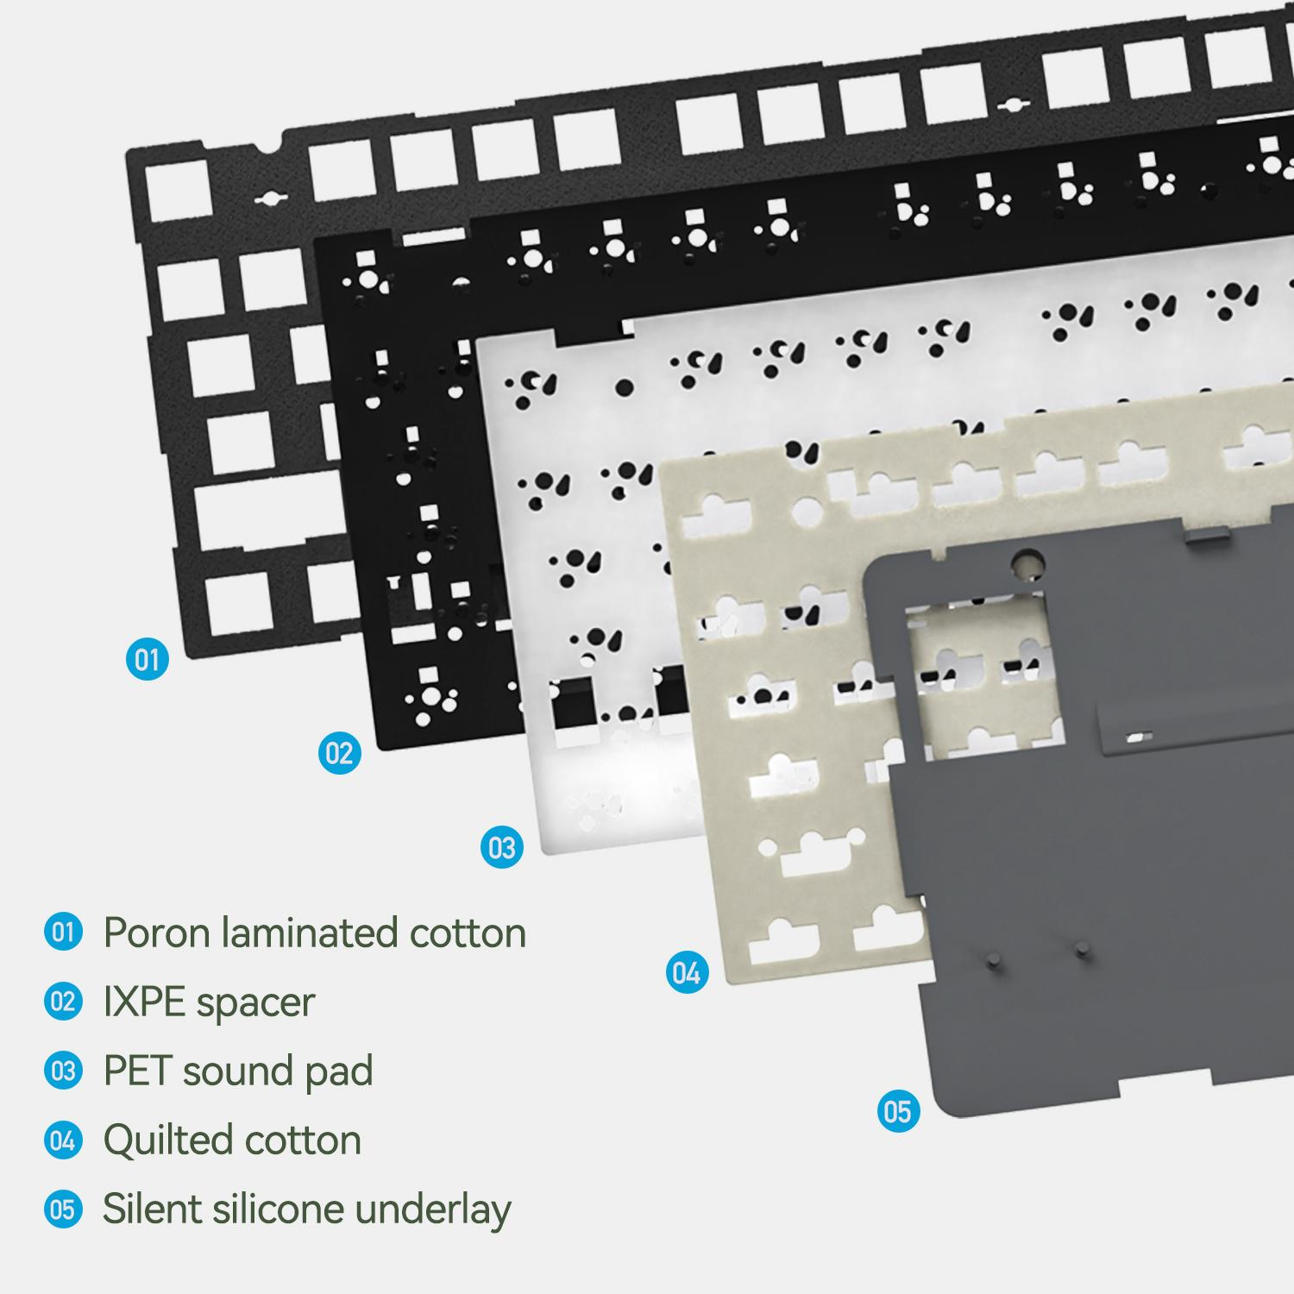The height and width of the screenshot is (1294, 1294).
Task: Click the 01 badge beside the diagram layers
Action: point(148,660)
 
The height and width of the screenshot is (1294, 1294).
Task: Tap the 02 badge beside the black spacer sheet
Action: point(339,754)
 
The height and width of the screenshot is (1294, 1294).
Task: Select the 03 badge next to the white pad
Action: point(501,848)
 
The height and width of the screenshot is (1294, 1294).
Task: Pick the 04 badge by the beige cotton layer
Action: point(687,973)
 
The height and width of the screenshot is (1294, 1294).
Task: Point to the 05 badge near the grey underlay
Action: point(898,1111)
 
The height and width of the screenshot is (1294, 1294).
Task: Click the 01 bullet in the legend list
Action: point(63,933)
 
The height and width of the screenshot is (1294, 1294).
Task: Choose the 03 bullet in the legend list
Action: point(63,1071)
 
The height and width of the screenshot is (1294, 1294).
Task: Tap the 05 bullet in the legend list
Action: point(63,1209)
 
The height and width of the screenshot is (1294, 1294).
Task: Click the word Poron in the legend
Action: point(156,933)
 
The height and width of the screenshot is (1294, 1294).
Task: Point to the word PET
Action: point(137,1071)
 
